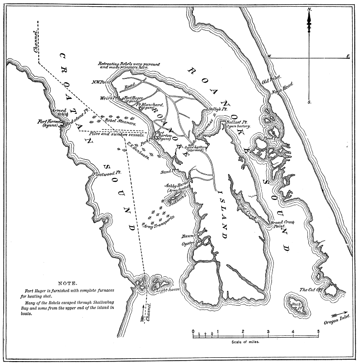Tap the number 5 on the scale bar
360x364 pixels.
(318, 331)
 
